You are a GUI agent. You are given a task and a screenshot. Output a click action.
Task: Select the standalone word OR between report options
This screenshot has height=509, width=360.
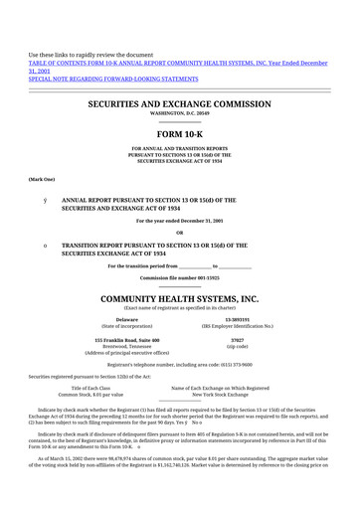(179, 233)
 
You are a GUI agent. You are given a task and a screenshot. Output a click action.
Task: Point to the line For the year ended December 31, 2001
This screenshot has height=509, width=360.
(179, 220)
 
